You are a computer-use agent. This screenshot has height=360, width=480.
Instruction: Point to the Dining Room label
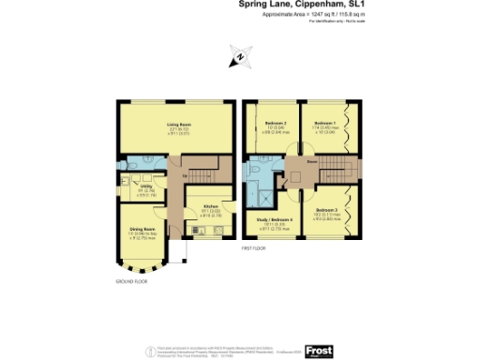tap(142, 229)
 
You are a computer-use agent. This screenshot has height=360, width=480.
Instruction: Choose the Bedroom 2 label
tap(273, 125)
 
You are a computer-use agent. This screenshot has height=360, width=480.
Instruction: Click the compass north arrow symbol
tap(239, 58)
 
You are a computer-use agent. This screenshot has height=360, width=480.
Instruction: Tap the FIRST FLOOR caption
tap(255, 249)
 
